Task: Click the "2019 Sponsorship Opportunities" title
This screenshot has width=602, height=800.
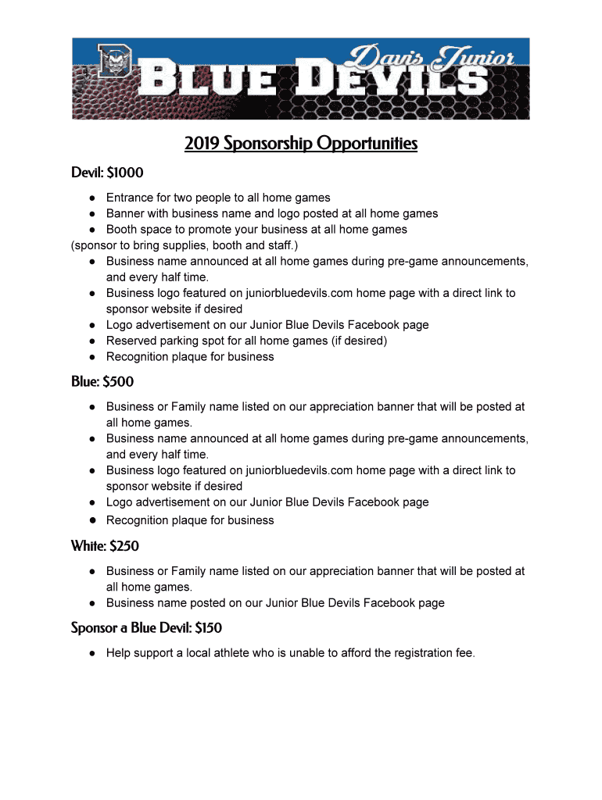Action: [301, 145]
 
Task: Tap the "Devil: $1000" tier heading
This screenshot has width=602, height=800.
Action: [107, 173]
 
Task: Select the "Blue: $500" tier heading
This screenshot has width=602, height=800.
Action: [102, 382]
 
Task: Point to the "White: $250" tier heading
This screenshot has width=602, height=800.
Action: [105, 546]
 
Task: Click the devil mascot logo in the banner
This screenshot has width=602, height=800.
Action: [115, 63]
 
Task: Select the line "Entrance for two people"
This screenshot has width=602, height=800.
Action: [218, 198]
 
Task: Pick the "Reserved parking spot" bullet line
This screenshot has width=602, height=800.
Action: [246, 341]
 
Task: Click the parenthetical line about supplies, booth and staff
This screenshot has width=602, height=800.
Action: [185, 245]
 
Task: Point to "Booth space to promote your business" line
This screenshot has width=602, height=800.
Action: [256, 230]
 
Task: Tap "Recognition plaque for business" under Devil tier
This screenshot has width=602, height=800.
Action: [190, 357]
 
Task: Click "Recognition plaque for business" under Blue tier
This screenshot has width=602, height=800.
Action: [190, 520]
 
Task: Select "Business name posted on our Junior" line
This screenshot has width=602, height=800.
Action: [275, 603]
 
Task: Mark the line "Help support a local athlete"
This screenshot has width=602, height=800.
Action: [290, 653]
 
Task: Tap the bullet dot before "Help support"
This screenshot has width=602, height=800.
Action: [92, 653]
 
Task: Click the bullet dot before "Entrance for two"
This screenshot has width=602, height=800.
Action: [92, 198]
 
